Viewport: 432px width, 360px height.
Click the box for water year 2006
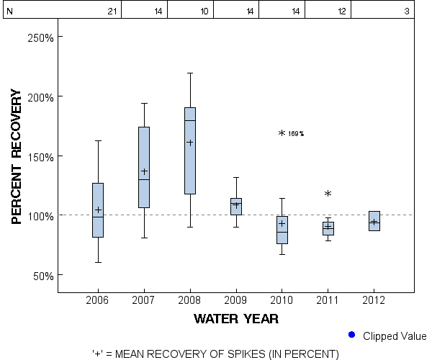(98, 210)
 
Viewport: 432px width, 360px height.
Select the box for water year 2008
(190, 150)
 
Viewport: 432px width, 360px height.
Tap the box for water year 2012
(374, 221)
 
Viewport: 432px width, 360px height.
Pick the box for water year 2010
(282, 230)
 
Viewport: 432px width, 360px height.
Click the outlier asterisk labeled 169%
(282, 133)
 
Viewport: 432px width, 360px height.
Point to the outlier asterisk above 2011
(328, 194)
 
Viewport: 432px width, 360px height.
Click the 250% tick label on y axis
(40, 37)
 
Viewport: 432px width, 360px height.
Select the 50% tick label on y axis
(42, 276)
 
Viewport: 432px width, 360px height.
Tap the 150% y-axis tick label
(40, 156)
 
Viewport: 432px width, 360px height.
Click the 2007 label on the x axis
(144, 300)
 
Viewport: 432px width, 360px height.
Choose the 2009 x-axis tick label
(236, 300)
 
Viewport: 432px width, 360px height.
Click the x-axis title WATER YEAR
(236, 318)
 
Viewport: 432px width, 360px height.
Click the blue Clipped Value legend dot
(351, 335)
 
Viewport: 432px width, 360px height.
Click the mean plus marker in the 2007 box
(144, 171)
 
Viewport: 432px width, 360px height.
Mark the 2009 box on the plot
(236, 207)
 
